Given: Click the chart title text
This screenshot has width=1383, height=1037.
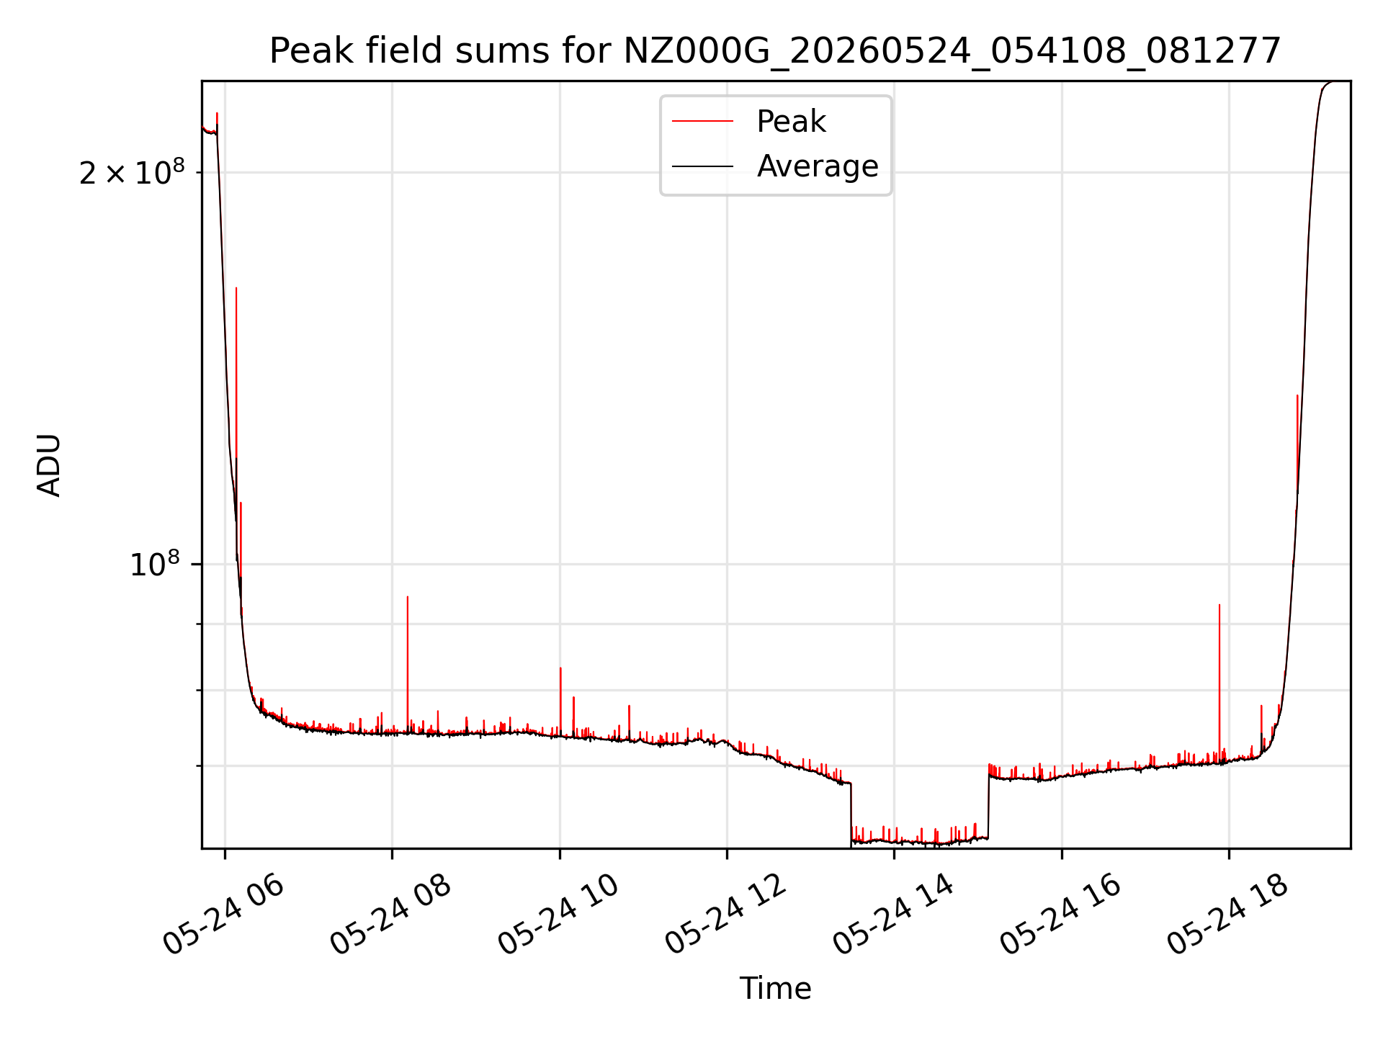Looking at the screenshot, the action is point(775,51).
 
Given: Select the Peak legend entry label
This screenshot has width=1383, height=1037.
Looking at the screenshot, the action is point(791,121).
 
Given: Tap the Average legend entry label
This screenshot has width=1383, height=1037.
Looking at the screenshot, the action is point(818,166).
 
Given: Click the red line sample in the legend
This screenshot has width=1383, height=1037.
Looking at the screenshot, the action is point(702,121).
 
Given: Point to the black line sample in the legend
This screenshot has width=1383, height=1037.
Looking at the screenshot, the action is point(702,166).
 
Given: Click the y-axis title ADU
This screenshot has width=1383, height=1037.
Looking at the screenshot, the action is point(49,464).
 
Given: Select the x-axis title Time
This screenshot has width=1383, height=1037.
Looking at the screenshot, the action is point(775,989).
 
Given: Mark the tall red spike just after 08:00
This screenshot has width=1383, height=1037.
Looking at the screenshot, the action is point(408,663).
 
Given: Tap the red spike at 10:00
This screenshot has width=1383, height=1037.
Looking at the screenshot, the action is point(560,701).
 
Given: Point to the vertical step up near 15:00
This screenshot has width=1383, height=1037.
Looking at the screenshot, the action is point(988,801).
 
